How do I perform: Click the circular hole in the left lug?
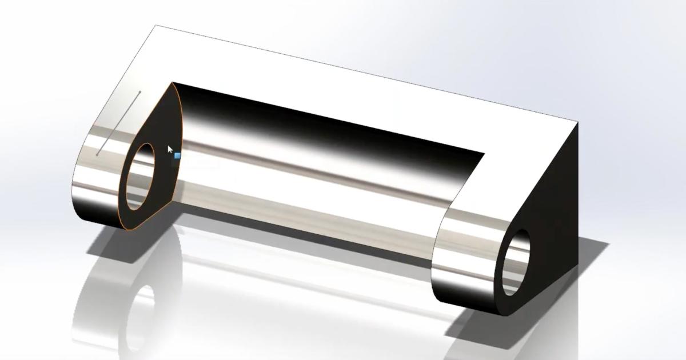(139, 175)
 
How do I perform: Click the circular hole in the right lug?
(516, 262)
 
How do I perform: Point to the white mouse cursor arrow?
(170, 150)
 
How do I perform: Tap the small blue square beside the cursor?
(177, 155)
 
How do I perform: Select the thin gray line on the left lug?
(119, 123)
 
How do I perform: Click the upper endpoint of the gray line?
(139, 91)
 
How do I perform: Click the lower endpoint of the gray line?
(98, 154)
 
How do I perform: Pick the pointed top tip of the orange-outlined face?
(172, 83)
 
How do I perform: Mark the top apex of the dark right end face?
(577, 123)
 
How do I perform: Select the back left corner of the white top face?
(156, 25)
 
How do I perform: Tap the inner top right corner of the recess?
(484, 153)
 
